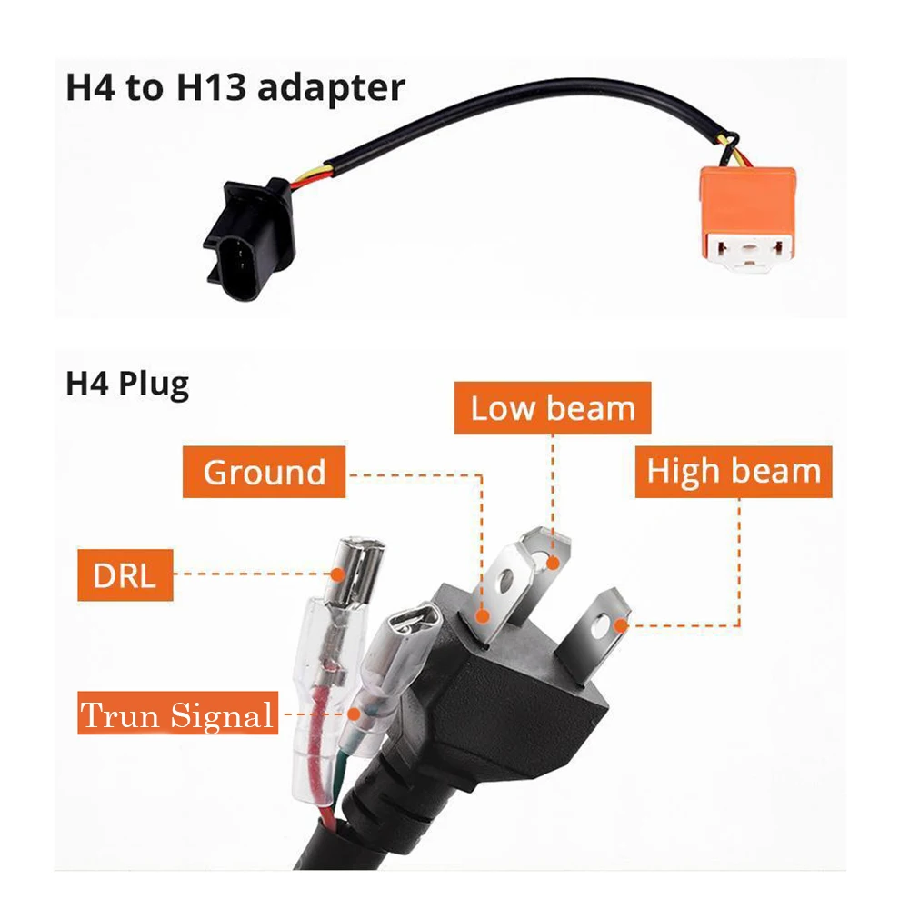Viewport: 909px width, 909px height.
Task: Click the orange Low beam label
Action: [553, 408]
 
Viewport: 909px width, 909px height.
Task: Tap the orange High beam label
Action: [733, 471]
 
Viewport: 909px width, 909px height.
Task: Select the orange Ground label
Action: [264, 473]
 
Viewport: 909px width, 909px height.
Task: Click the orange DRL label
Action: [125, 574]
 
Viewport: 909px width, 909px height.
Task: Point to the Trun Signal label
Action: [176, 714]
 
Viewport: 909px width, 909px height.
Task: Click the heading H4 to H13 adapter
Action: [235, 88]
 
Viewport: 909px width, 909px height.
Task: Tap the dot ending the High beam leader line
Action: [622, 624]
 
